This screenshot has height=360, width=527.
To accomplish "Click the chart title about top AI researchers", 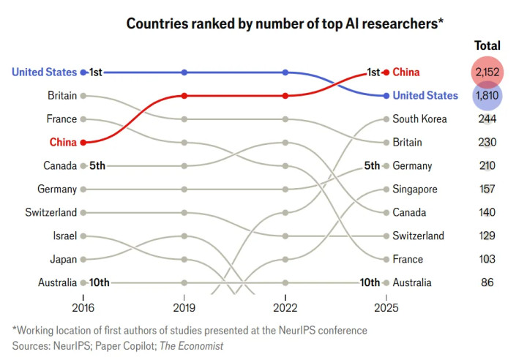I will [x=285, y=23].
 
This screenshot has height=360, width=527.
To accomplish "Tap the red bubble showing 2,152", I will [x=487, y=72].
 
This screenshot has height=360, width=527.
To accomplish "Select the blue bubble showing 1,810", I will [x=487, y=95].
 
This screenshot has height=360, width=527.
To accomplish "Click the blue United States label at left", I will [x=44, y=72].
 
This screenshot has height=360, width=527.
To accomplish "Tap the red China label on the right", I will [x=408, y=72].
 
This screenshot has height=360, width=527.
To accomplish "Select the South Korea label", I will [x=419, y=119].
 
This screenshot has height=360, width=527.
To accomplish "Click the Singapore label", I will [x=415, y=189].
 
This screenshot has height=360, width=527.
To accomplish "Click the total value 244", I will [x=487, y=119].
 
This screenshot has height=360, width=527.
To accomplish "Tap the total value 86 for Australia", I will [x=487, y=282].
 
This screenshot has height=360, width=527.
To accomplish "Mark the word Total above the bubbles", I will [x=487, y=46].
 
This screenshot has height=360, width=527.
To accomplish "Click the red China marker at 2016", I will [x=83, y=142].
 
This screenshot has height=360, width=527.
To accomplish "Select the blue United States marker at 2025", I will [x=386, y=95].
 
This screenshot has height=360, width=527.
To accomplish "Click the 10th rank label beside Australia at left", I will [x=100, y=282].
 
